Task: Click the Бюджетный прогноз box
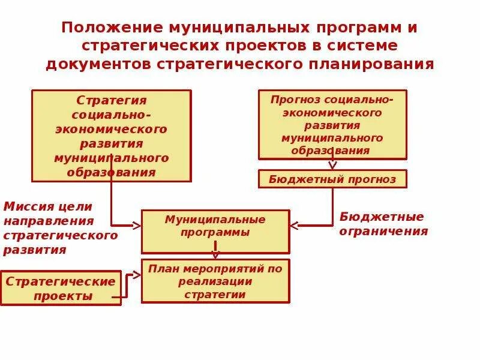click(332, 179)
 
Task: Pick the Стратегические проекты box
click(61, 288)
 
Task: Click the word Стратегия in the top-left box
click(112, 100)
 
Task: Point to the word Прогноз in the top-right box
click(291, 100)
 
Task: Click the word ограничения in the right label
click(383, 232)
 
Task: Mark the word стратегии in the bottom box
click(215, 295)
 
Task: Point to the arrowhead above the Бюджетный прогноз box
click(332, 166)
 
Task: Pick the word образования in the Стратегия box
click(112, 172)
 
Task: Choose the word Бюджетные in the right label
click(382, 217)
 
